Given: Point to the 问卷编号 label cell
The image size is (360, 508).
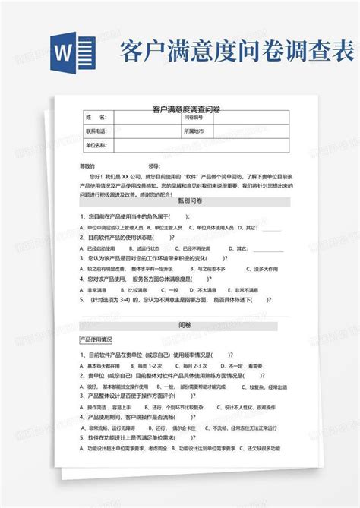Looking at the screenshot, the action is pos(193,118).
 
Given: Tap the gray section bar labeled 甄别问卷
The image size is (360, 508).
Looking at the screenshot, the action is pos(185,201).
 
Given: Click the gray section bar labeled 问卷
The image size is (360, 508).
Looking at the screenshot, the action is pos(185,325).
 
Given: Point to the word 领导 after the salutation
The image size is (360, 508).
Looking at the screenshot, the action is pos(153,165).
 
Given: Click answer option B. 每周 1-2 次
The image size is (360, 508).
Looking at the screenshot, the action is pos(143,365).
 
